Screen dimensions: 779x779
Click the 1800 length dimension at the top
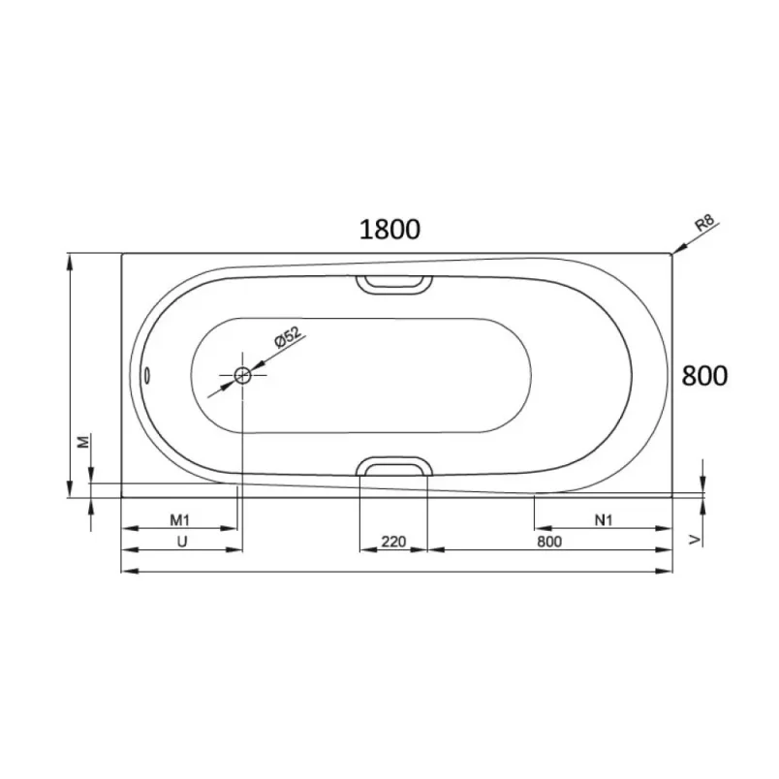pos(389,230)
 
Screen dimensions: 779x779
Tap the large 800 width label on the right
pos(704,376)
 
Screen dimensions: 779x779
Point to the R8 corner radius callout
pos(705,223)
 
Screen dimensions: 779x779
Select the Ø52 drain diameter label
pos(288,337)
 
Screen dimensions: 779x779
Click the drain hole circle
pos(242,376)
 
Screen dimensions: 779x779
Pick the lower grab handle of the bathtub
pos(394,466)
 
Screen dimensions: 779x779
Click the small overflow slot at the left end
pos(147,375)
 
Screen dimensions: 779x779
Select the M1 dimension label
pos(180,520)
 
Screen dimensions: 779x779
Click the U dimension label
pos(182,542)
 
